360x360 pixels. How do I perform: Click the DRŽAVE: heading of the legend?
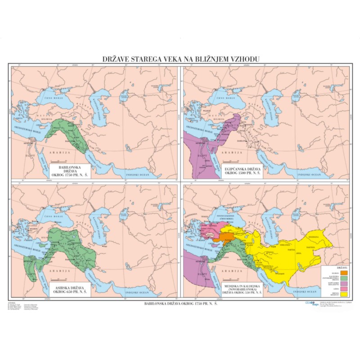point(342,268)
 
